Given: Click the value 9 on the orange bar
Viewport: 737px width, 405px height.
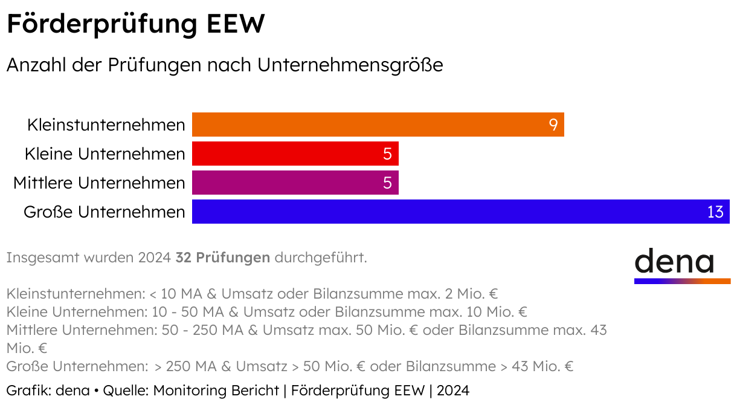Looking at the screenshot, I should coord(553,125).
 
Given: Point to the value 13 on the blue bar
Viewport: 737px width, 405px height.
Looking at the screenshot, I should coord(715,212).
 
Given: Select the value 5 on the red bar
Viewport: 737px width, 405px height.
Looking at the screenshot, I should coord(387,154).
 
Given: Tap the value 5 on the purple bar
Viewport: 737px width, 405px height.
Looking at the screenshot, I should coord(387,183).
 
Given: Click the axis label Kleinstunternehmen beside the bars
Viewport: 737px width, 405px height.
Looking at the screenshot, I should coord(106,125).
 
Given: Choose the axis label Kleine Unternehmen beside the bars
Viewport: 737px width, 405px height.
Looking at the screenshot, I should coord(105,154).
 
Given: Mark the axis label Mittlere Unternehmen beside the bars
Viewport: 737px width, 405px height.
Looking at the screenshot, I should coord(99,183).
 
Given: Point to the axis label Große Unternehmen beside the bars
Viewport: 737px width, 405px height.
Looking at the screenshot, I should coord(104,212).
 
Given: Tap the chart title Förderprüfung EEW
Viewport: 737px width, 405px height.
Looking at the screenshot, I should coord(135,25).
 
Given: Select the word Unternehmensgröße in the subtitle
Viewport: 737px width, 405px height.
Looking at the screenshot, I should coord(350,65).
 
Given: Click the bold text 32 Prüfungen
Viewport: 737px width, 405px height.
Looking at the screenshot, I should coord(222,258).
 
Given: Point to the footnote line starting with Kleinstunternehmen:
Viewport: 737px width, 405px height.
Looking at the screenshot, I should coord(252,294).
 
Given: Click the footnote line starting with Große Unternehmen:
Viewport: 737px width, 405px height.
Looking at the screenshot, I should coord(289,366).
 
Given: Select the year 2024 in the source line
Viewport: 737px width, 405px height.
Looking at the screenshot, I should coord(452,390).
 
